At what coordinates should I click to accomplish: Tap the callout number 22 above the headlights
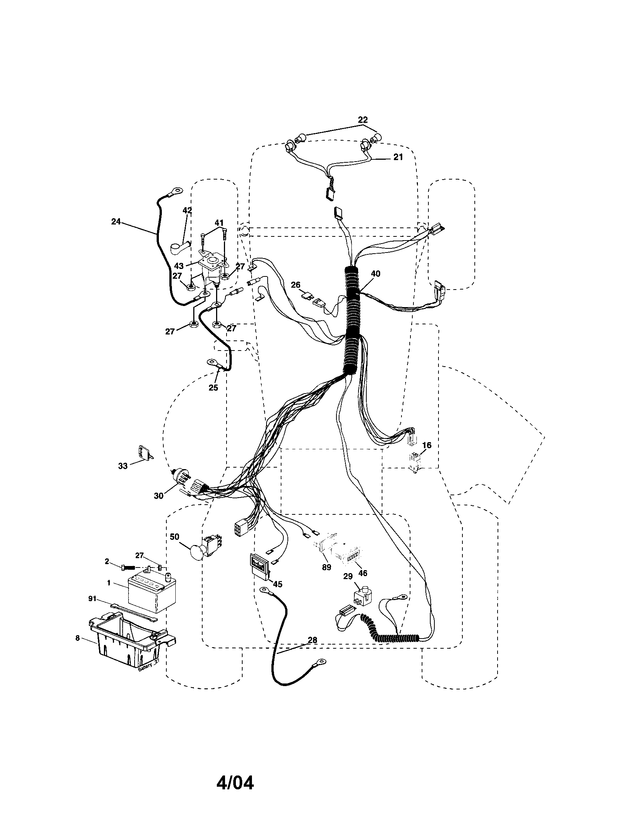[362, 120]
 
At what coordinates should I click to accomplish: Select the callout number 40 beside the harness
[375, 274]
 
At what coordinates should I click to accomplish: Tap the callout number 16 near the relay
[426, 445]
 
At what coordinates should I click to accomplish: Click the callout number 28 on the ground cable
[312, 640]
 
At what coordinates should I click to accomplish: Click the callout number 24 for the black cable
[116, 221]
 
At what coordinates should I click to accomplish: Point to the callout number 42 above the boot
[187, 210]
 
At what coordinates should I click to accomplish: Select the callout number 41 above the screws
[219, 223]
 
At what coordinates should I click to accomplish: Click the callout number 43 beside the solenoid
[179, 266]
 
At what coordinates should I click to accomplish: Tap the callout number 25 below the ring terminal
[213, 388]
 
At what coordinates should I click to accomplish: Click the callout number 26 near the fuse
[296, 285]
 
